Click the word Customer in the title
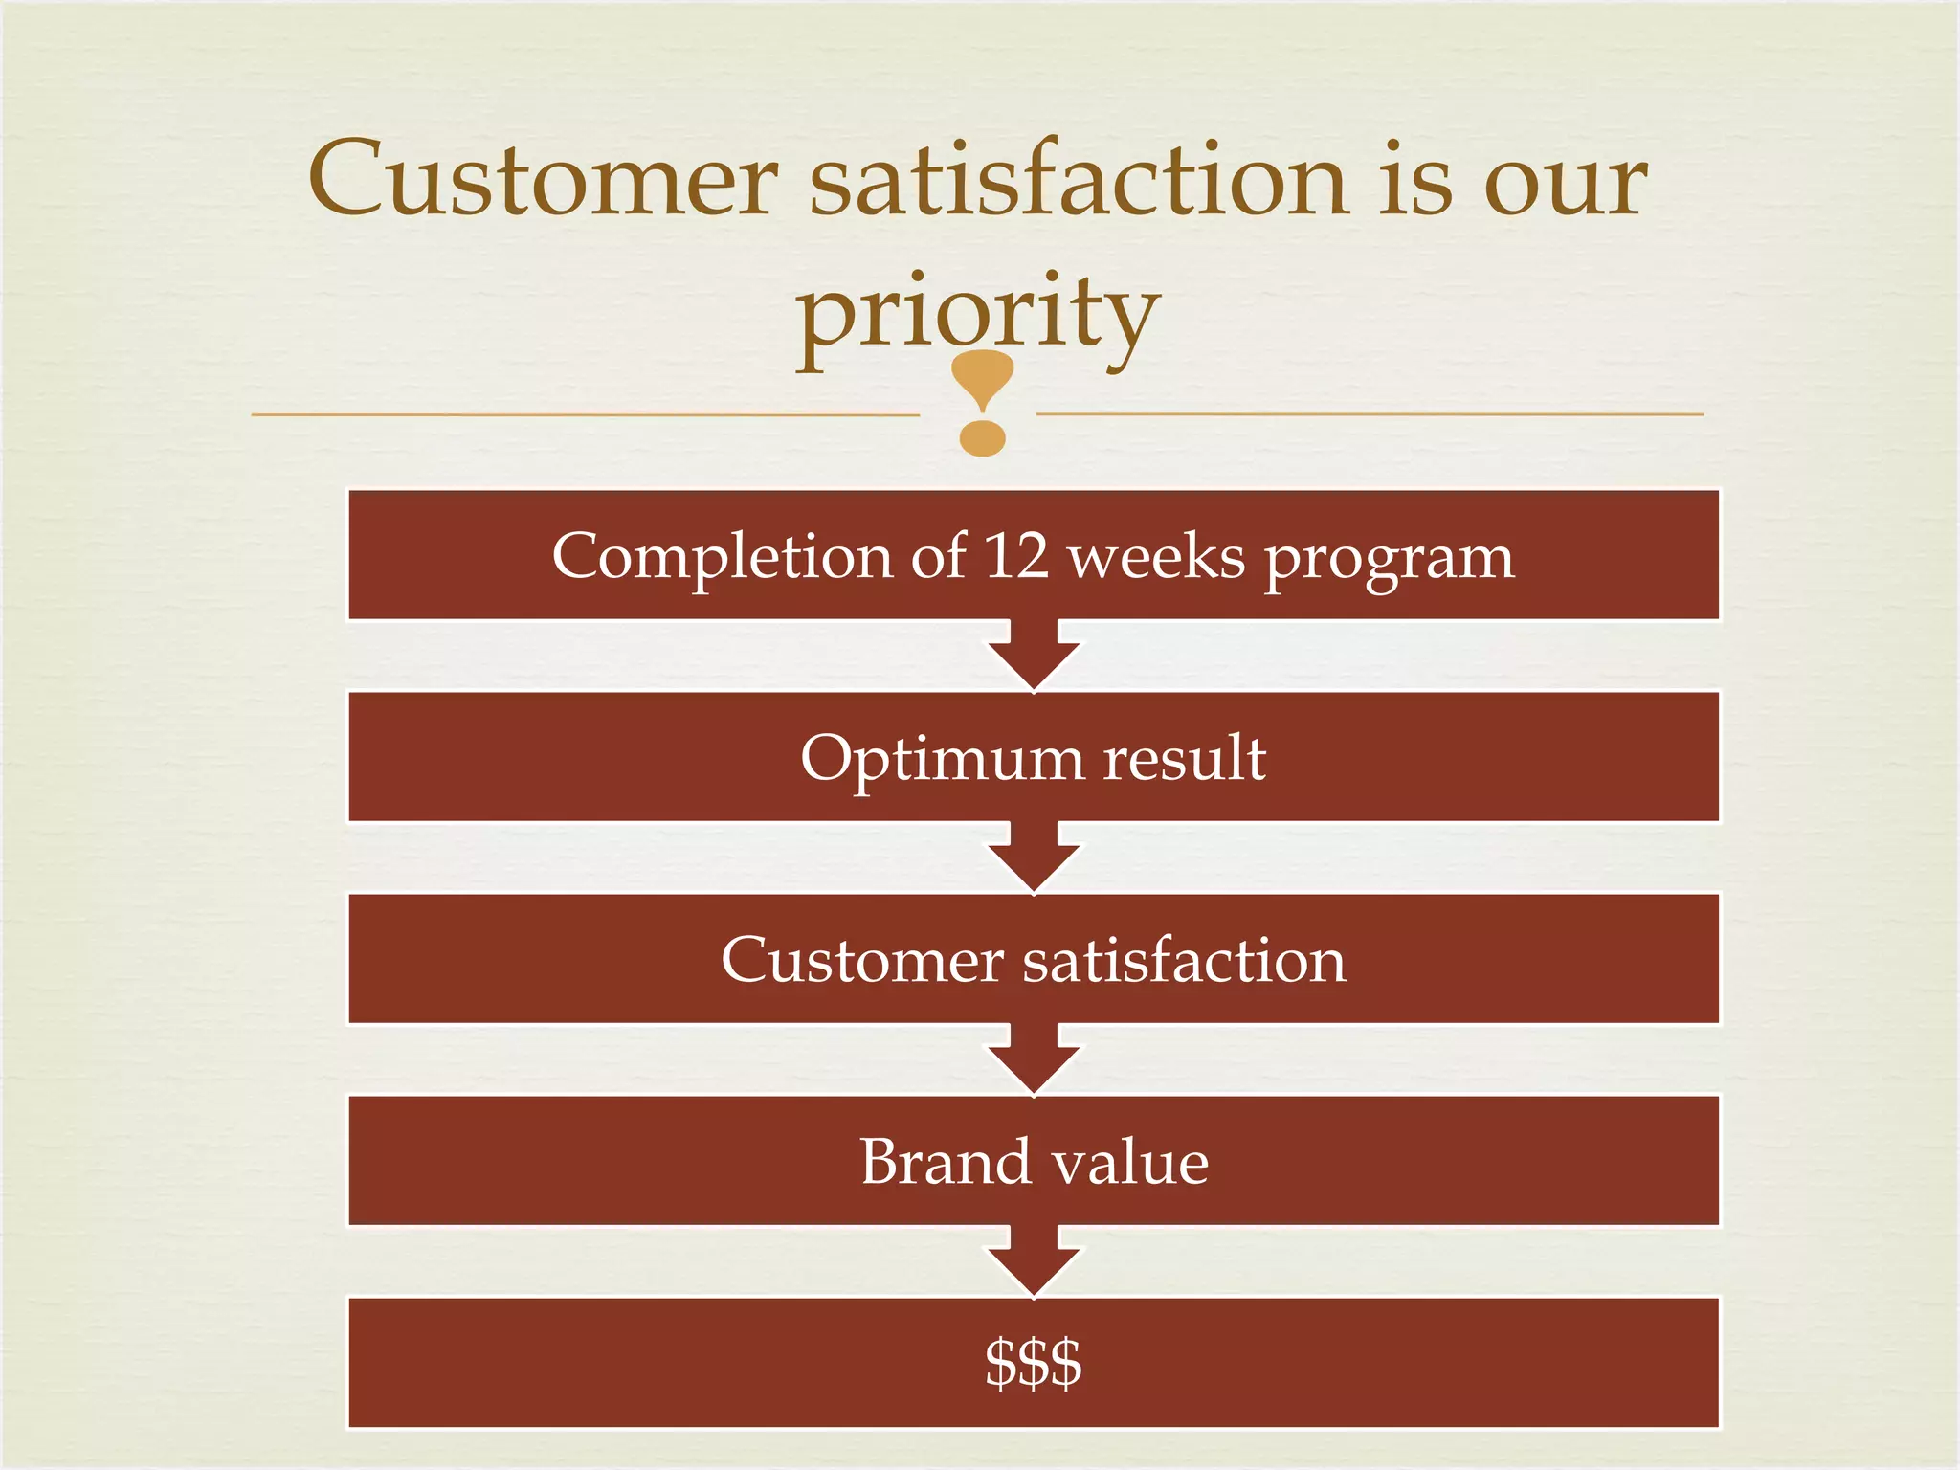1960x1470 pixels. coord(543,180)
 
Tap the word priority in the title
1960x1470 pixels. coord(979,314)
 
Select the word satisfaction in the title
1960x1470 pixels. coord(1079,180)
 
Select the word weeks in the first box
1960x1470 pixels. coord(1157,557)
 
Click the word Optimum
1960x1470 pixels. coord(942,760)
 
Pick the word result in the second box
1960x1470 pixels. coord(1185,758)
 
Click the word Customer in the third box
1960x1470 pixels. coord(862,960)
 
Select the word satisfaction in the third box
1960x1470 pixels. coord(1184,960)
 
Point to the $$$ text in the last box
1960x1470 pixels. coord(1034,1363)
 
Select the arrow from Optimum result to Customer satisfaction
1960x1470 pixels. coord(1034,858)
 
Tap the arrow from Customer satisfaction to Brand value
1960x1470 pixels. coord(1034,1060)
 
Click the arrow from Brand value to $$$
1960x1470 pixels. coord(1034,1262)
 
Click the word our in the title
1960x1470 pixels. coord(1566,180)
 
